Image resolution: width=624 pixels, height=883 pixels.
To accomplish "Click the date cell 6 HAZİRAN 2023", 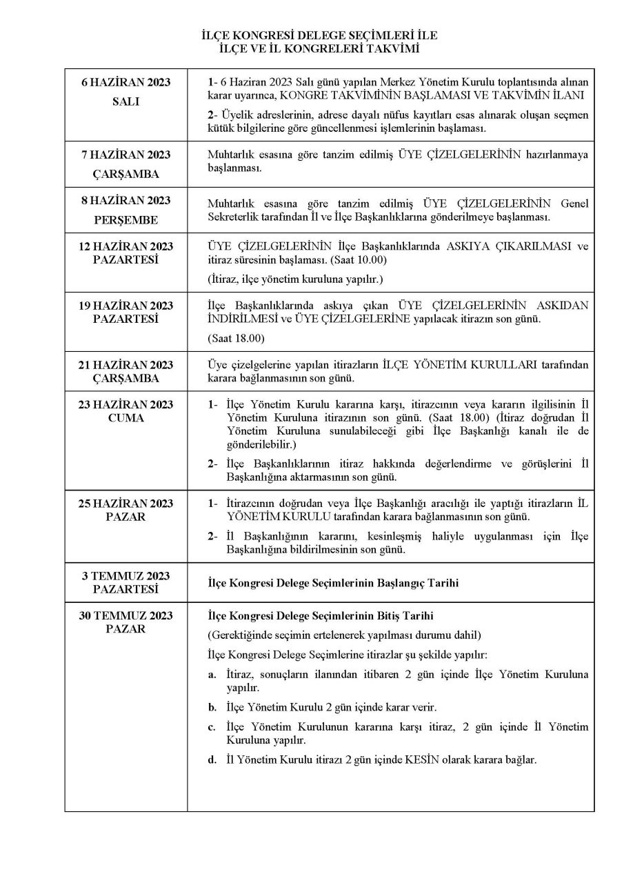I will click(x=125, y=83).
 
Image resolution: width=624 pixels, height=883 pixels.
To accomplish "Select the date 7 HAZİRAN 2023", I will click(x=125, y=155).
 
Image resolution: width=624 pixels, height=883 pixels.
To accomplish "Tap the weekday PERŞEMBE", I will click(x=125, y=219).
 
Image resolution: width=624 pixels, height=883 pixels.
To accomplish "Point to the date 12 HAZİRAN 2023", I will click(x=125, y=247).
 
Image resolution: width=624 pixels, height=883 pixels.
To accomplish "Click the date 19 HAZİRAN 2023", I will click(x=125, y=306).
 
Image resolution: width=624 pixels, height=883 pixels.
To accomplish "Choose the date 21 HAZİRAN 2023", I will click(x=125, y=365).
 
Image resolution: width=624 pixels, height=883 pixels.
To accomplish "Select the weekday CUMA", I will click(x=125, y=418).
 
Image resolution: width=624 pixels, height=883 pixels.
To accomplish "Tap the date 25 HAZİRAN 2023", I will click(x=125, y=504).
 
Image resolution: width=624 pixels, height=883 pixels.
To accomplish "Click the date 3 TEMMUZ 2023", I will click(x=125, y=576).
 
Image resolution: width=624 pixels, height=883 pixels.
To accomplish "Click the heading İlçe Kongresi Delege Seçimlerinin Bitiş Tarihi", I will click(x=321, y=615).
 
